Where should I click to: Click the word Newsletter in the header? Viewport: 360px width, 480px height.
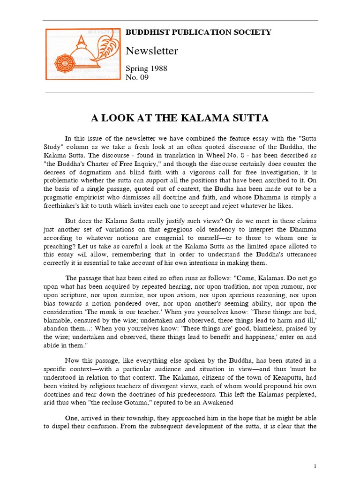click(x=152, y=51)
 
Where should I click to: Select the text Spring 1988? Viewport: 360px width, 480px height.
click(x=146, y=68)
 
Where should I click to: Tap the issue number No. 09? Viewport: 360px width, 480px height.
click(x=137, y=77)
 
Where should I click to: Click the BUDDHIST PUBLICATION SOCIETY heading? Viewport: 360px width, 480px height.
click(x=198, y=32)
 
